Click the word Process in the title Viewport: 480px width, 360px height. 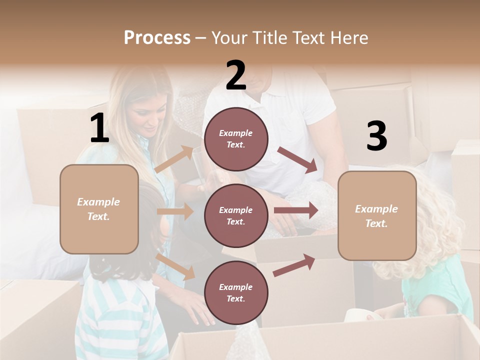tap(157, 37)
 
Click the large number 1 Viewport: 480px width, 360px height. tap(99, 128)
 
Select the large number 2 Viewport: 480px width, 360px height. tap(236, 75)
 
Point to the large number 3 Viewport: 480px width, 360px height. tap(376, 136)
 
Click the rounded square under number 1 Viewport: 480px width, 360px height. tap(99, 209)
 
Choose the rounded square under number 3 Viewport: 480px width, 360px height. tap(377, 215)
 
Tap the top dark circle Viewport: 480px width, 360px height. tap(236, 139)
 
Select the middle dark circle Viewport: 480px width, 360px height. tap(236, 215)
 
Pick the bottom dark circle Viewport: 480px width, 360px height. tap(236, 292)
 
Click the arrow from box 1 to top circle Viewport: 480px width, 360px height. tap(174, 159)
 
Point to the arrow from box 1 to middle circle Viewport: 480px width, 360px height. tap(175, 211)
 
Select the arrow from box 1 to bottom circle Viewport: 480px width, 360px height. tap(175, 266)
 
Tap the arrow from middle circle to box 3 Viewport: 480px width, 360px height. tap(295, 210)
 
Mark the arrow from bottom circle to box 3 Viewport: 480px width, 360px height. tap(294, 265)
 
